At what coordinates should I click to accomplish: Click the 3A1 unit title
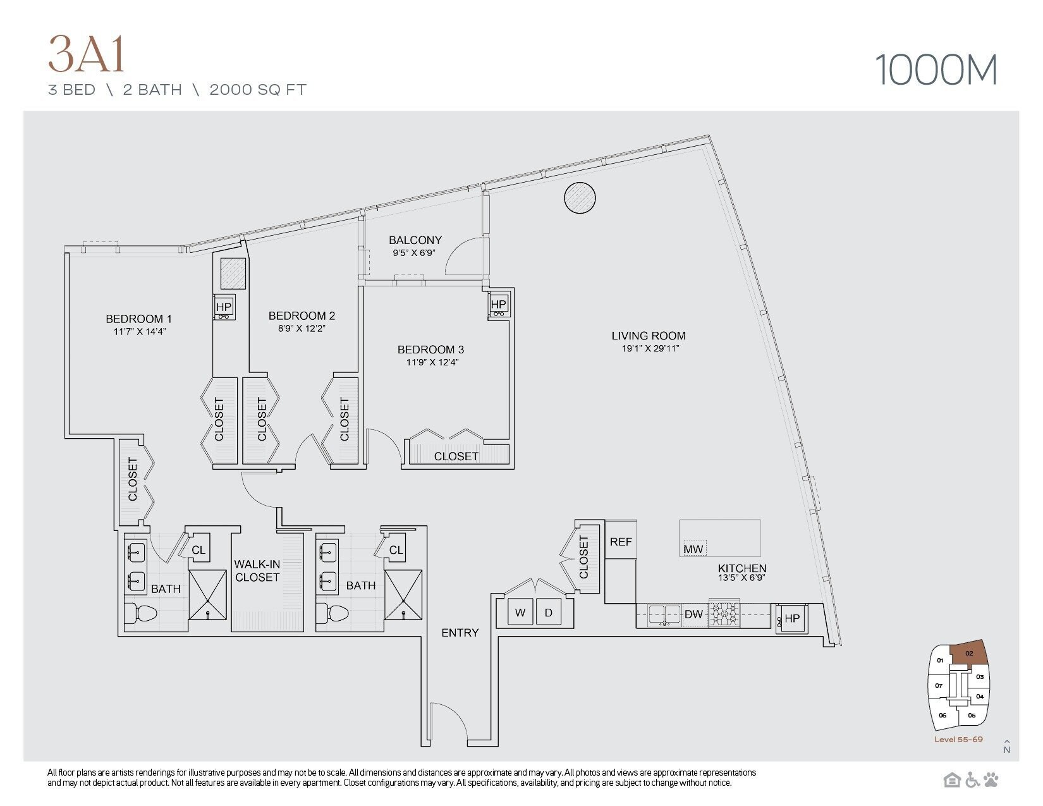pos(87,55)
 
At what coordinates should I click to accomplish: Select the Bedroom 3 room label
pos(430,350)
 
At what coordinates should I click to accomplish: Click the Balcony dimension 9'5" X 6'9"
pos(415,252)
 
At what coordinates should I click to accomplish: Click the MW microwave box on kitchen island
pos(693,549)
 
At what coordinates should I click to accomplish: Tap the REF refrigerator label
pos(620,542)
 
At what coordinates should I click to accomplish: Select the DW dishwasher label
pos(693,614)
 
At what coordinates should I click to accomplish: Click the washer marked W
pos(520,612)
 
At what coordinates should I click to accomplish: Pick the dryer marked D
pos(549,612)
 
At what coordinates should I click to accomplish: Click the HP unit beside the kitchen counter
pos(791,618)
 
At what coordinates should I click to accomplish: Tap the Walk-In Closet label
pos(257,570)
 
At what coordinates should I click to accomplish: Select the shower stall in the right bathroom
pos(403,594)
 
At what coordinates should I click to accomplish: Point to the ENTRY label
pos(460,632)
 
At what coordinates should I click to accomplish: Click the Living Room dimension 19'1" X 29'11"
pos(649,348)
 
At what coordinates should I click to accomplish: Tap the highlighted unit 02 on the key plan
pos(970,654)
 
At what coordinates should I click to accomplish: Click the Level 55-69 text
pos(958,739)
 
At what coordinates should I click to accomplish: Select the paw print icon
pos(991,779)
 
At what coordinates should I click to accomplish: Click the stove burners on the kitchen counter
pos(723,614)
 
